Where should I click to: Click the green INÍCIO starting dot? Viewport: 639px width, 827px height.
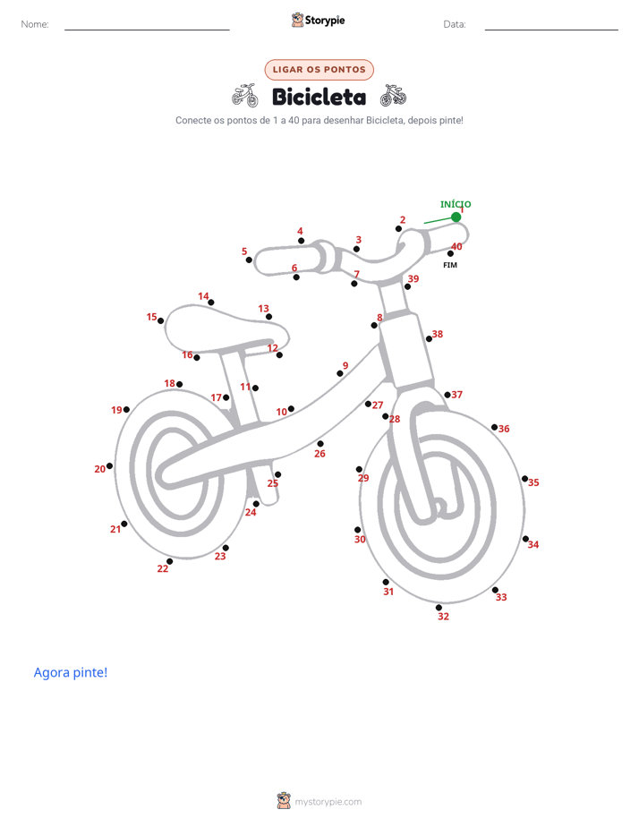coord(456,217)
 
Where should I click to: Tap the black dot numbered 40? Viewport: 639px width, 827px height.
coord(450,253)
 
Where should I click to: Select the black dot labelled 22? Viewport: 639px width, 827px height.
coord(169,561)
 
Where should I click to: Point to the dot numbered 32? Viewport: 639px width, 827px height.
coord(439,608)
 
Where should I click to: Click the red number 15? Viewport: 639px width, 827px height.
coord(152,317)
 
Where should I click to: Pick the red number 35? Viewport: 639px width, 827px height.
coord(533,482)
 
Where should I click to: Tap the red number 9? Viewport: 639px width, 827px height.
coord(345,365)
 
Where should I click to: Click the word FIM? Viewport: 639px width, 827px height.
coord(450,265)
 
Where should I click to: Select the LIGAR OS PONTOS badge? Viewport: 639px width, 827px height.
coord(319,70)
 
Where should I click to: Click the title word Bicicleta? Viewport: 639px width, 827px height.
coord(319,97)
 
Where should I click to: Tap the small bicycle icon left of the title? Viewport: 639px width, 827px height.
coord(245,96)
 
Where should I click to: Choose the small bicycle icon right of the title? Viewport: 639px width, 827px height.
coord(393,96)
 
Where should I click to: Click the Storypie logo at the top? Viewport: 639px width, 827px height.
coord(319,20)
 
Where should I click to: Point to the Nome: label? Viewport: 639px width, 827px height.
coord(35,24)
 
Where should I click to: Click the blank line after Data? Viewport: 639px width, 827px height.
coord(551,30)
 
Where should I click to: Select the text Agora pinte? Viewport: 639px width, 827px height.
coord(71,672)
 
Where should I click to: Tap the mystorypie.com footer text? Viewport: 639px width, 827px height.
coord(328,802)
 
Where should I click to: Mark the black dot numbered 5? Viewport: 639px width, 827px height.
coord(249,260)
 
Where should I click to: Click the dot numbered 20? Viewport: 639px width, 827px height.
coord(110,465)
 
